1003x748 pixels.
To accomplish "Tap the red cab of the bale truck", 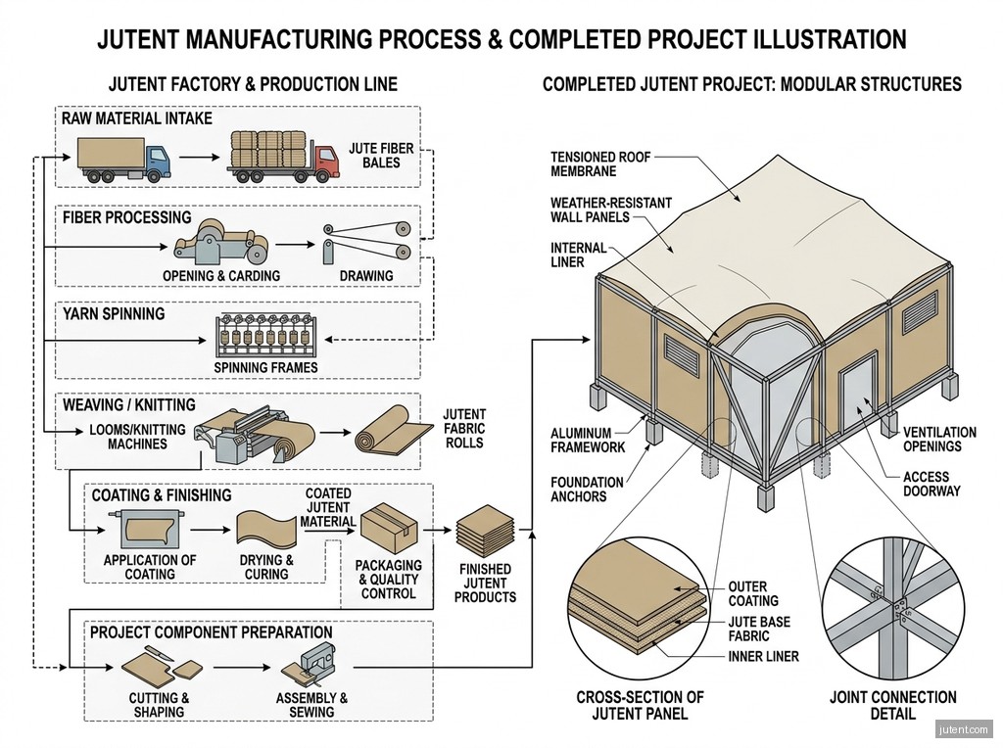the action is (x=326, y=161).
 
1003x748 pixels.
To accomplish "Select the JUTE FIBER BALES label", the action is (x=381, y=156).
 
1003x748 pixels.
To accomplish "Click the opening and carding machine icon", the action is (x=221, y=242).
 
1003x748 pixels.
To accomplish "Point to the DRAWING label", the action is (x=366, y=275).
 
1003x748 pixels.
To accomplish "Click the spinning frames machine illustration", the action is (x=265, y=336).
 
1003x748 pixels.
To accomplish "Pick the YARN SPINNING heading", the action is (x=114, y=314).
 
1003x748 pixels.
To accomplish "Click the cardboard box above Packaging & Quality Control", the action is (x=389, y=528).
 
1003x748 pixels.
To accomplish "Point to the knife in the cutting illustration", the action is (x=160, y=653).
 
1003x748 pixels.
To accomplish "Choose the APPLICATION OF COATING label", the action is (x=150, y=567).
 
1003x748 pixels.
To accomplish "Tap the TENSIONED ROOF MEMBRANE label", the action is (x=600, y=164).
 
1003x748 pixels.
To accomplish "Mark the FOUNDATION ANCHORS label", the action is (x=587, y=490).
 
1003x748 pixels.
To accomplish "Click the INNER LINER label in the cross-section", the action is (x=763, y=657).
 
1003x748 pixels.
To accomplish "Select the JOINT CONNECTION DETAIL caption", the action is (x=892, y=705).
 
